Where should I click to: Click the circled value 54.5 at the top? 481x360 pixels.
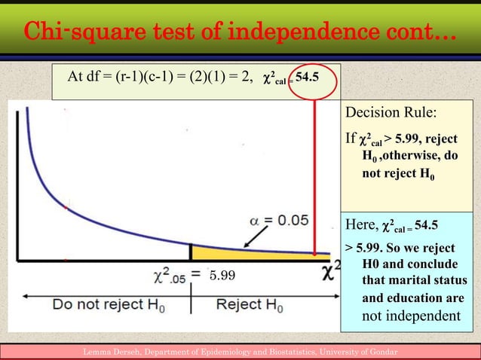tap(311, 78)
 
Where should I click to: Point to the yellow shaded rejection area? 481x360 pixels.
tap(249, 254)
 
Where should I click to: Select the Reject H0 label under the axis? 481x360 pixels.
tap(249, 306)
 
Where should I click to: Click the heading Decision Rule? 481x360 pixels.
tap(391, 114)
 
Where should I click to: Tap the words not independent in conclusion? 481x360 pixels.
tap(411, 316)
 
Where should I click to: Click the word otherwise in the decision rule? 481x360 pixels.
tap(410, 157)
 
